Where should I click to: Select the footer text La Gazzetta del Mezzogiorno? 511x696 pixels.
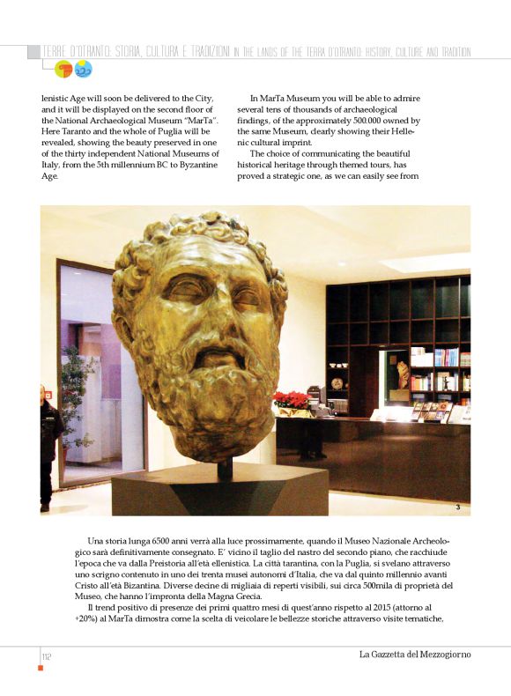click(413, 654)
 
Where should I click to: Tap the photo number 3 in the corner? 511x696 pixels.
click(458, 507)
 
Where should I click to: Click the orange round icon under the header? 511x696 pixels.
click(64, 69)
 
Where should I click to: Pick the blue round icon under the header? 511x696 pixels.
click(84, 69)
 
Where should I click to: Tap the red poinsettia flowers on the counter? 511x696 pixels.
click(290, 400)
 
